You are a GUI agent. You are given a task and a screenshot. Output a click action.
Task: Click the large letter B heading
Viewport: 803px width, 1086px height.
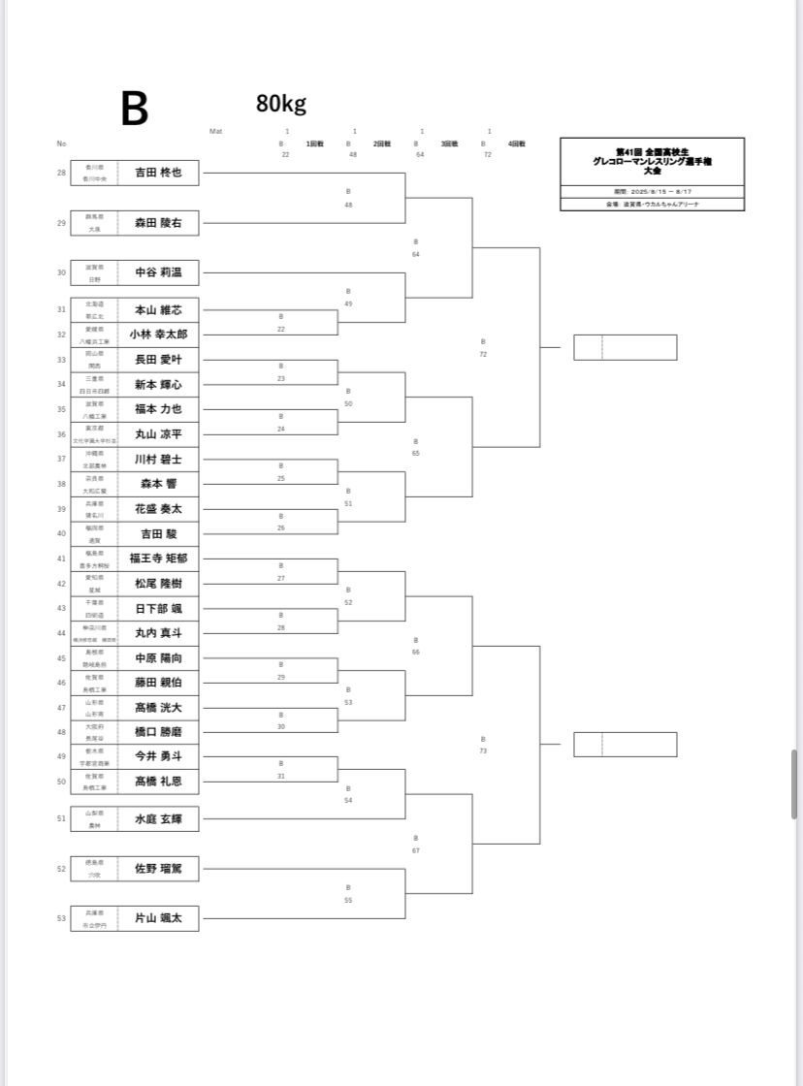[135, 109]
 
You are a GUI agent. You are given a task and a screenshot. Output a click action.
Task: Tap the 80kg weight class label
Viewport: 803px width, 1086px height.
[281, 104]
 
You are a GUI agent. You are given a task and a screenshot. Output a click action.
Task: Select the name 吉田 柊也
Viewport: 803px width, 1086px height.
[158, 173]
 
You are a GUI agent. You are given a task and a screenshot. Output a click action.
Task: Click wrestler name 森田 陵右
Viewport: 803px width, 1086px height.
[158, 223]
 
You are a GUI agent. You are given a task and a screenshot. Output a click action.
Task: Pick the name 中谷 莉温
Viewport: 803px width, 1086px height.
[158, 272]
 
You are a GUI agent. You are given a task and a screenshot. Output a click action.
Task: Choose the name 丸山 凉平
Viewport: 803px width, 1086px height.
[158, 434]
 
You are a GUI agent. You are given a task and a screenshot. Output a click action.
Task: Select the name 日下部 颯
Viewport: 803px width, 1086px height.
[158, 608]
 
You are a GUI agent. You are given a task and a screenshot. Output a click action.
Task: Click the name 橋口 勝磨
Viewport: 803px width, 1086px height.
[158, 732]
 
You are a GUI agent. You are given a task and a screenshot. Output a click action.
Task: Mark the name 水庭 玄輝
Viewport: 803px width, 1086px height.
[158, 819]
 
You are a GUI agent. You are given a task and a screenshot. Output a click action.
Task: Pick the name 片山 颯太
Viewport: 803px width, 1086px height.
[158, 918]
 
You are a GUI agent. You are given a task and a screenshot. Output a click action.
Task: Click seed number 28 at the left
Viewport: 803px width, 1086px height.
[62, 173]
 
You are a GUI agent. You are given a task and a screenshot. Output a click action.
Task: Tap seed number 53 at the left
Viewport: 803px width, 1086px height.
[62, 918]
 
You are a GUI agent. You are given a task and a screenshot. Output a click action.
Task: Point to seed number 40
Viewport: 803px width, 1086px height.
[62, 533]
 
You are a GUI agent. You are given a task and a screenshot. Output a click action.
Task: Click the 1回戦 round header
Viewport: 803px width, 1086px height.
[315, 144]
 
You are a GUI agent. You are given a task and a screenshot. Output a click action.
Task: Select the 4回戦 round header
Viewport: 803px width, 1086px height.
[516, 144]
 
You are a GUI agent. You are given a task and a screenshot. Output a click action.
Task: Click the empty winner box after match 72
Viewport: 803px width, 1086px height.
[625, 347]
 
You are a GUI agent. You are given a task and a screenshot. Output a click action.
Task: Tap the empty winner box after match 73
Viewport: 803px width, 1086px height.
[625, 745]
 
